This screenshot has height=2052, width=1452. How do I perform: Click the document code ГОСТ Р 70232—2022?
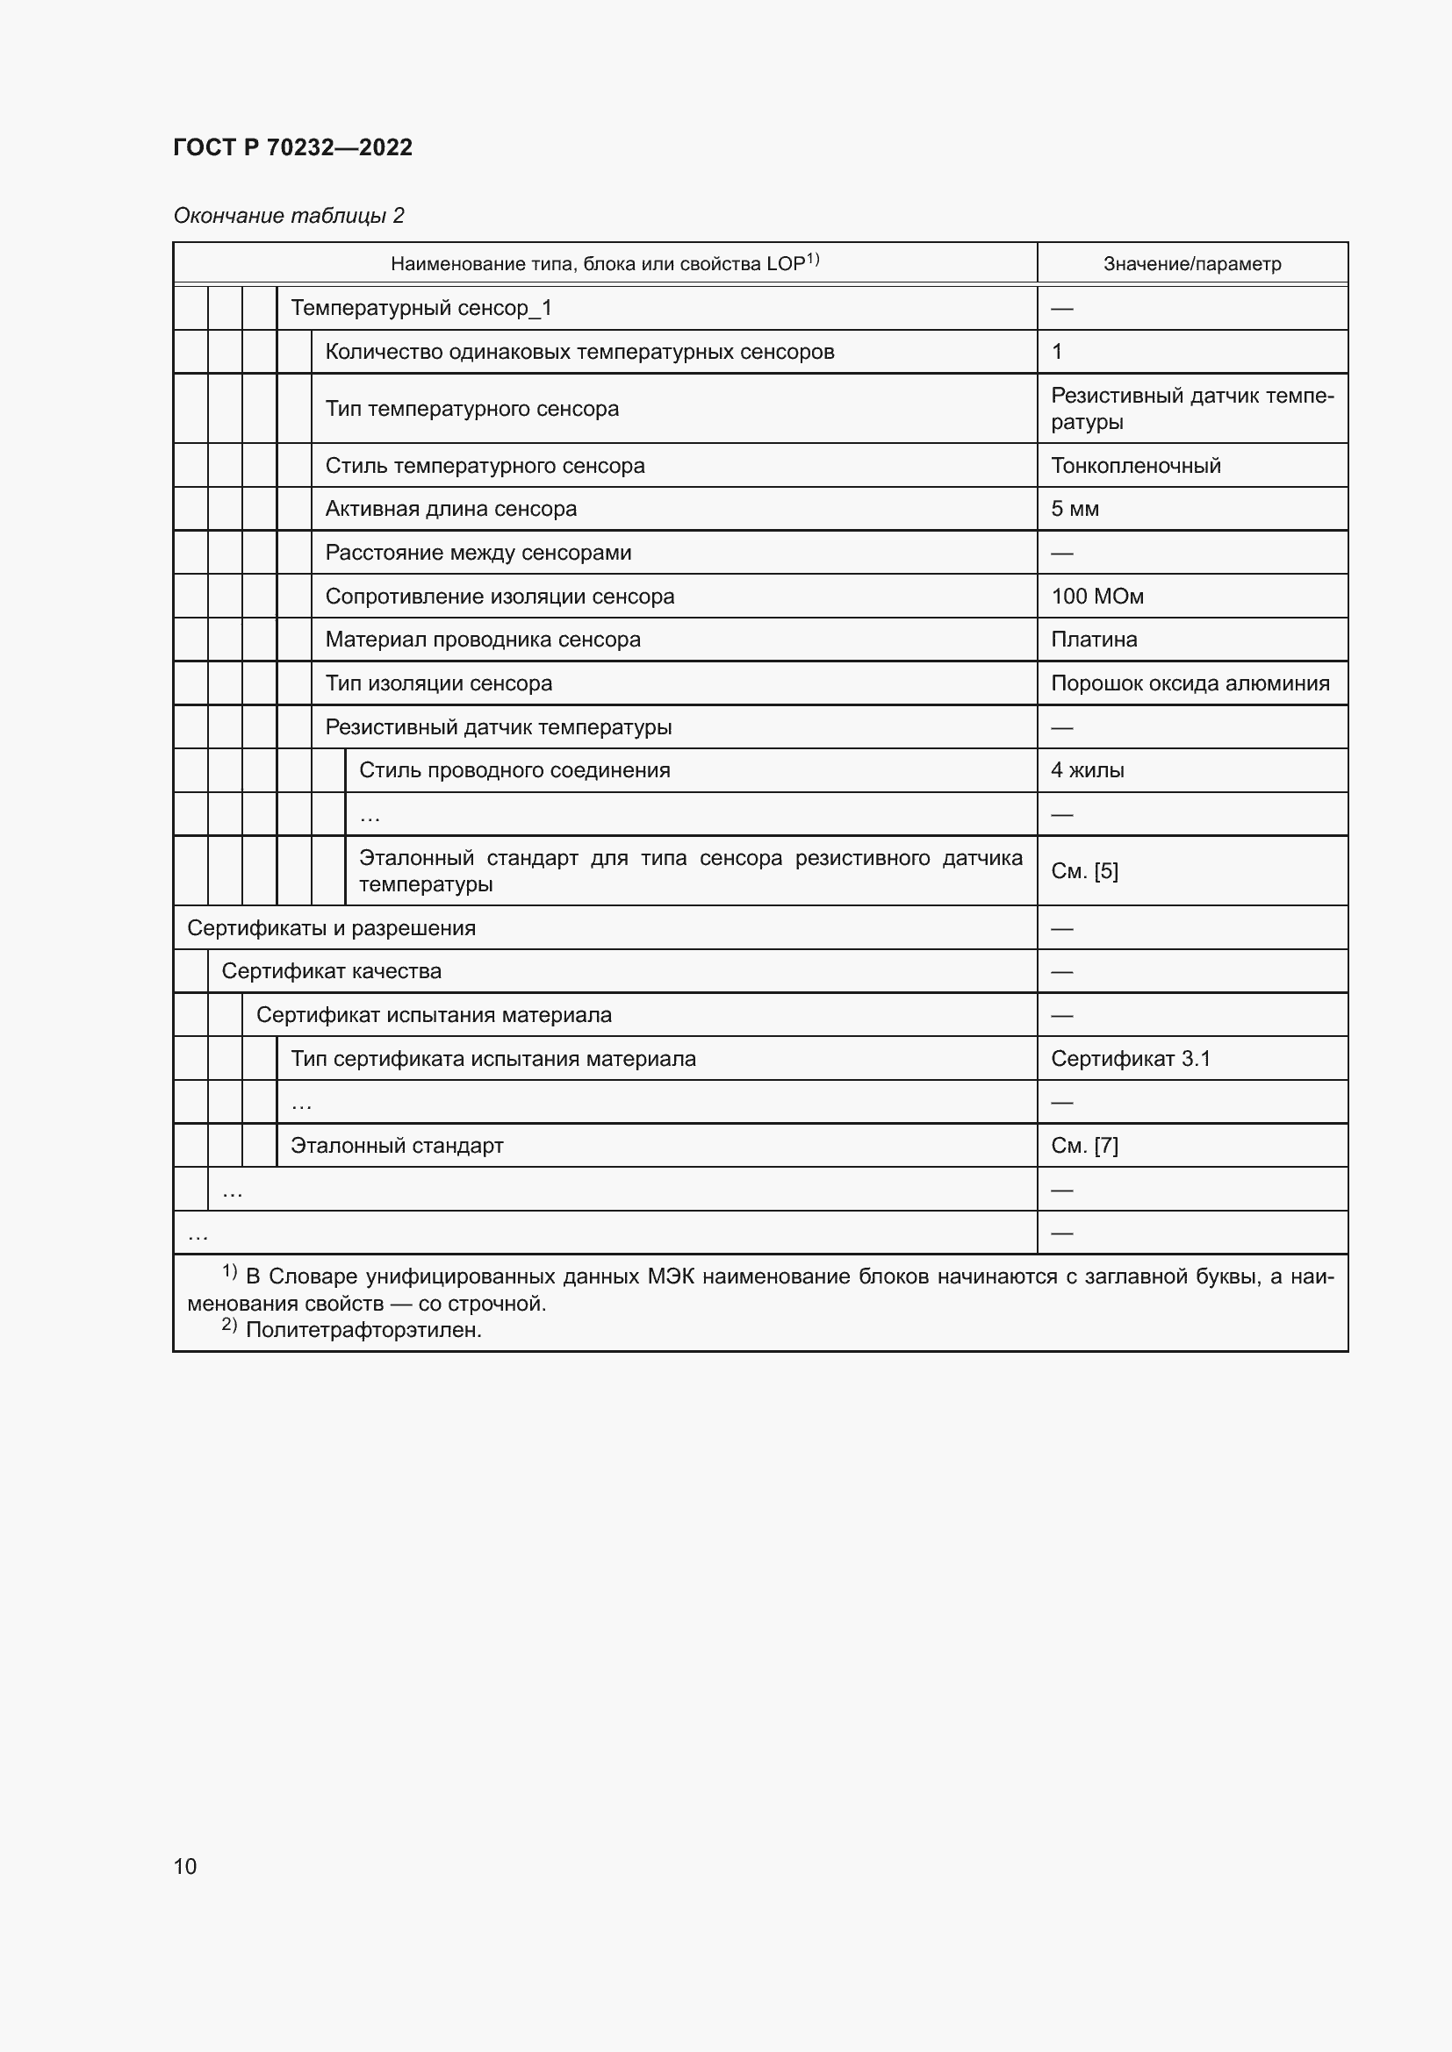292,147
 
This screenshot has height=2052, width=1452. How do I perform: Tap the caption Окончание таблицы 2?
289,216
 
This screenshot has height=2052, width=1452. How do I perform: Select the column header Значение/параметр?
1192,264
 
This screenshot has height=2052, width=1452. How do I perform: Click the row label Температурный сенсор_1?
421,308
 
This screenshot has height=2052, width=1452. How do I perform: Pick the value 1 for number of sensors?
1057,351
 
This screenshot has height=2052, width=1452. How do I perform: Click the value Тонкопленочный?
1135,466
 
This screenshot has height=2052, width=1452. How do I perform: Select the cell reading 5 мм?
1075,509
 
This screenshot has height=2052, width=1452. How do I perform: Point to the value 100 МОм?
1097,596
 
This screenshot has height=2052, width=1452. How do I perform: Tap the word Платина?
1094,639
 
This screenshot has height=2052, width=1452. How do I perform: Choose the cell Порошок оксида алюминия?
1190,683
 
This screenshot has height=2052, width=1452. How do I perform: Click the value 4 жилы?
1087,769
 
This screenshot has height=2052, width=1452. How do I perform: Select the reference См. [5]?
1084,870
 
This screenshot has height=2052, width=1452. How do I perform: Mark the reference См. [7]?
1084,1145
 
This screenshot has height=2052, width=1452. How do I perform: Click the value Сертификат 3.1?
1130,1058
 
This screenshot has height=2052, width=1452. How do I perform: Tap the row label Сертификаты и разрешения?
331,927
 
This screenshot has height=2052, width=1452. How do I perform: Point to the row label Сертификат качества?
331,970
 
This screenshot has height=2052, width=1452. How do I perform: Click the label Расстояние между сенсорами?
478,553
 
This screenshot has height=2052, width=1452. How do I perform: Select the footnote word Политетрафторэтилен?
363,1330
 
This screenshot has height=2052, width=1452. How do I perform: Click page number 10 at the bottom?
185,1866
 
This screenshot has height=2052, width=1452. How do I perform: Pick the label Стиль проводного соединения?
514,769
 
